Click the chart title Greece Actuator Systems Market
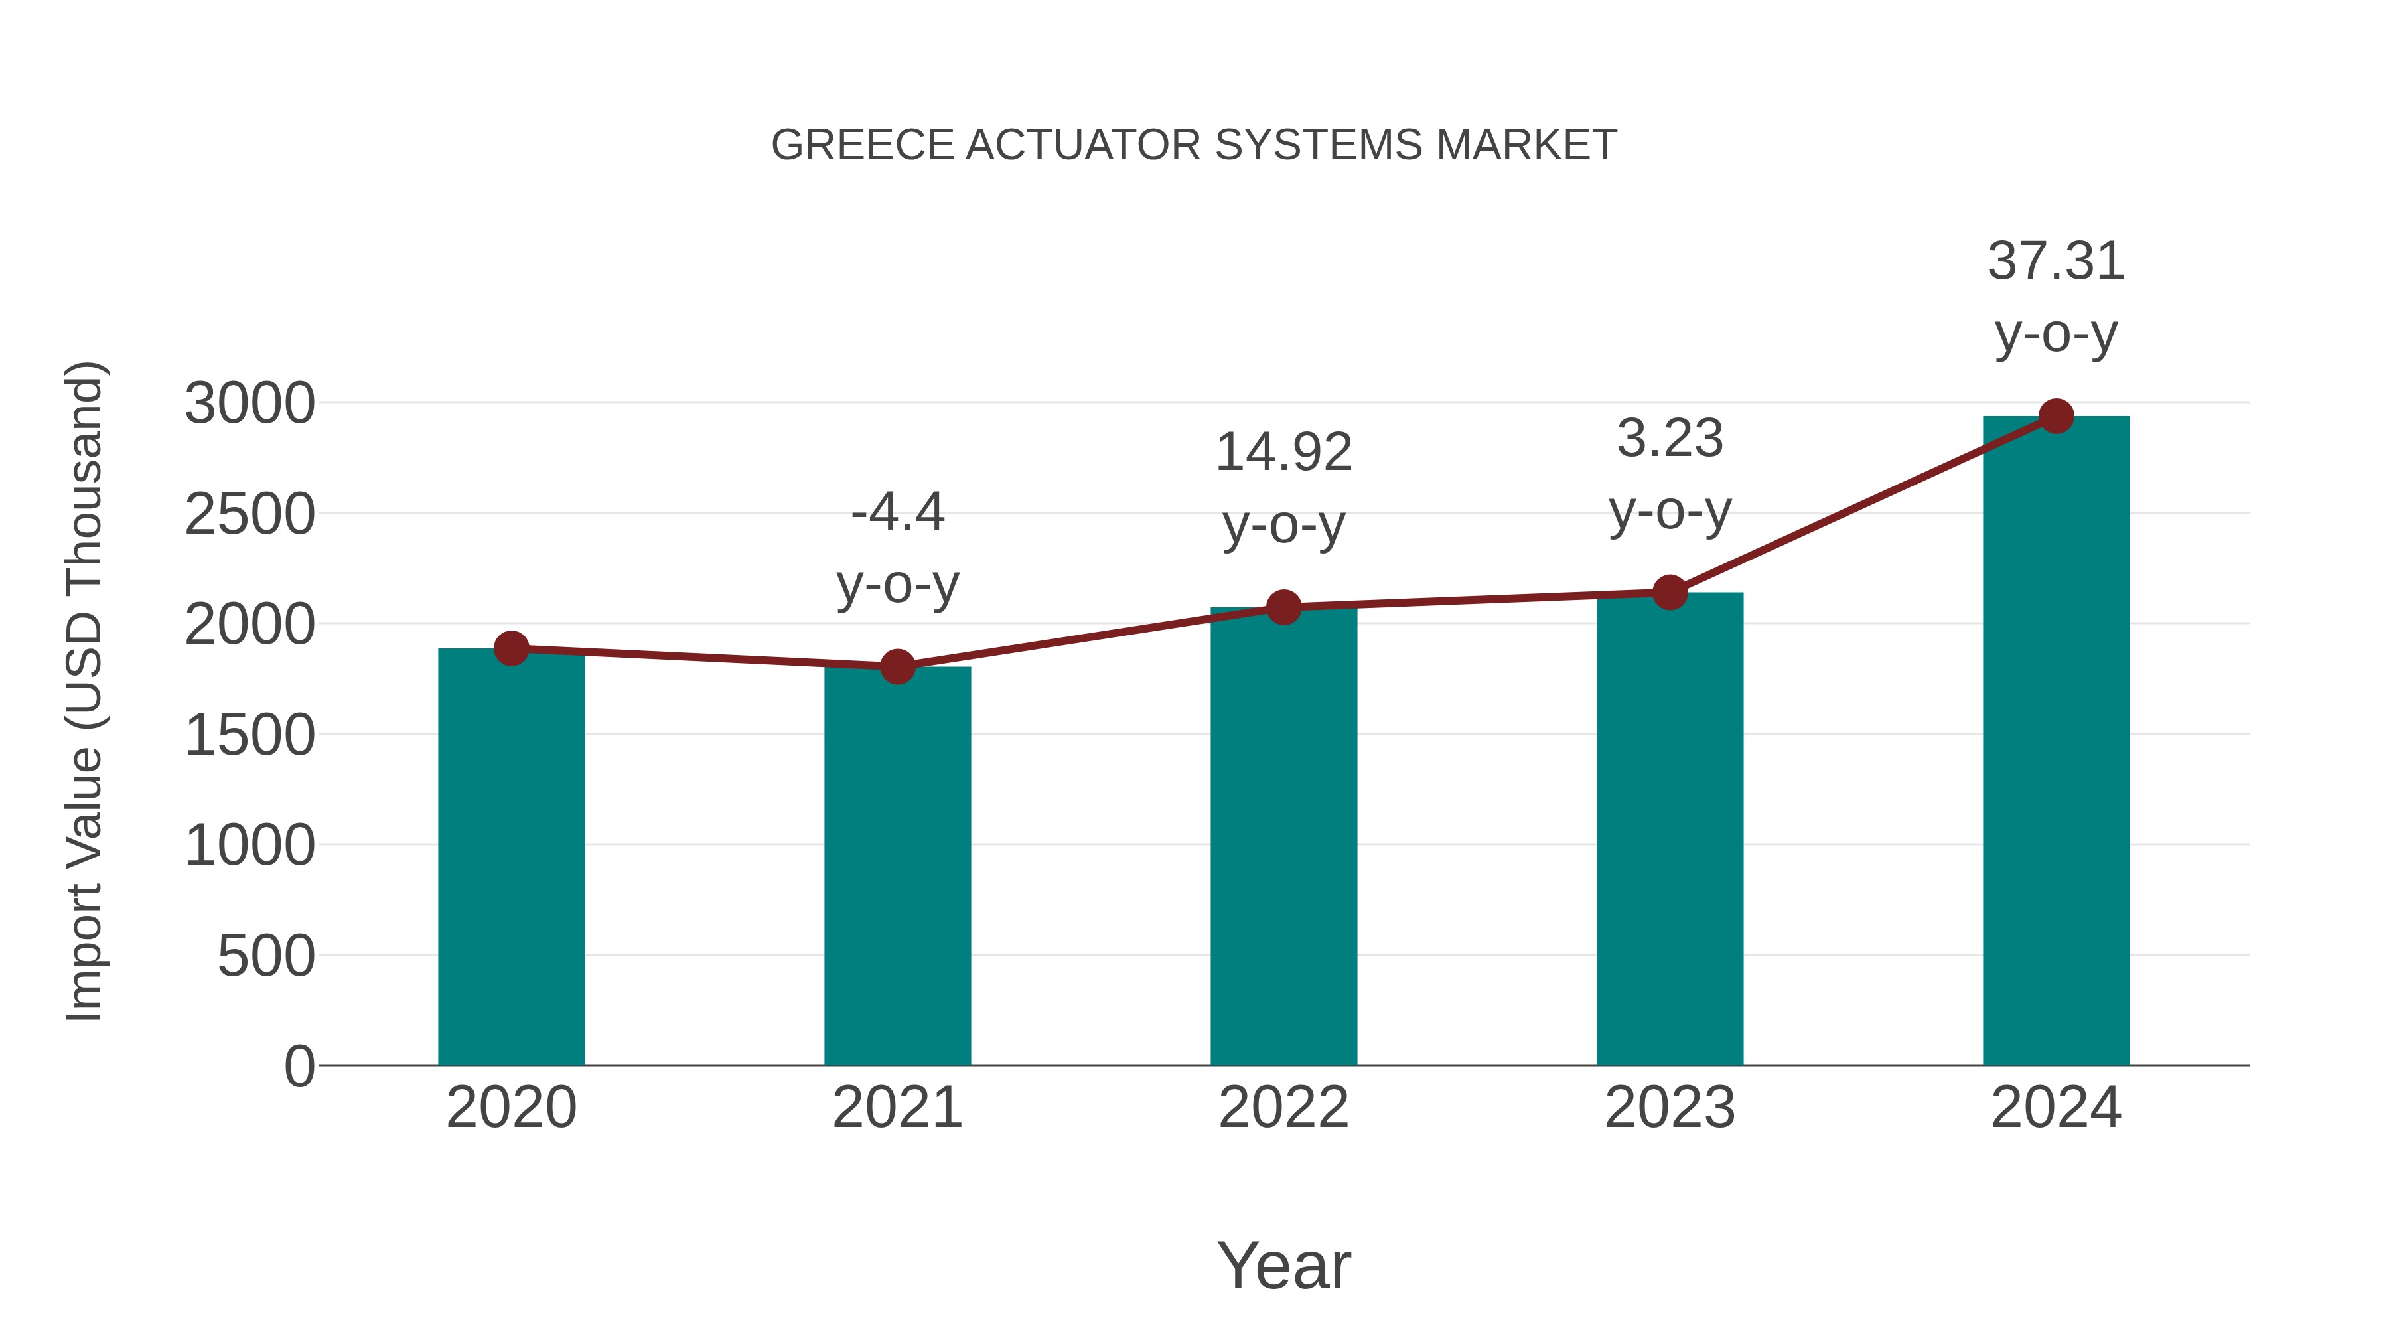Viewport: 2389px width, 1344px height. (x=1194, y=145)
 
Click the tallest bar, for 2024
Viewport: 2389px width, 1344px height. (x=2056, y=742)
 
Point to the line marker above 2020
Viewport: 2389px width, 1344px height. (x=511, y=648)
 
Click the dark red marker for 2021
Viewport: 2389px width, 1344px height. (x=897, y=666)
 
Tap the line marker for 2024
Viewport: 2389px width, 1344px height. (x=2056, y=416)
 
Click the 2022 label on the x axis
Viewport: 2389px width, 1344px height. (x=1283, y=1108)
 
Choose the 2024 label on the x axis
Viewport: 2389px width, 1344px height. (x=2056, y=1108)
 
